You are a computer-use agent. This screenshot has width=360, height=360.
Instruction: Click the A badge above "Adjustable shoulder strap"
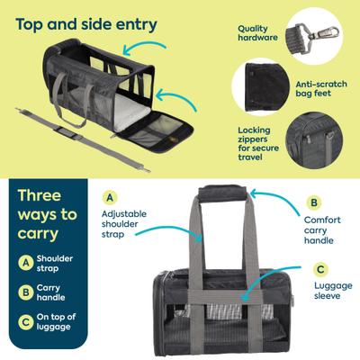109,197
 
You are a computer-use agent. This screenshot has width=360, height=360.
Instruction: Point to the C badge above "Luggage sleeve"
320,267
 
